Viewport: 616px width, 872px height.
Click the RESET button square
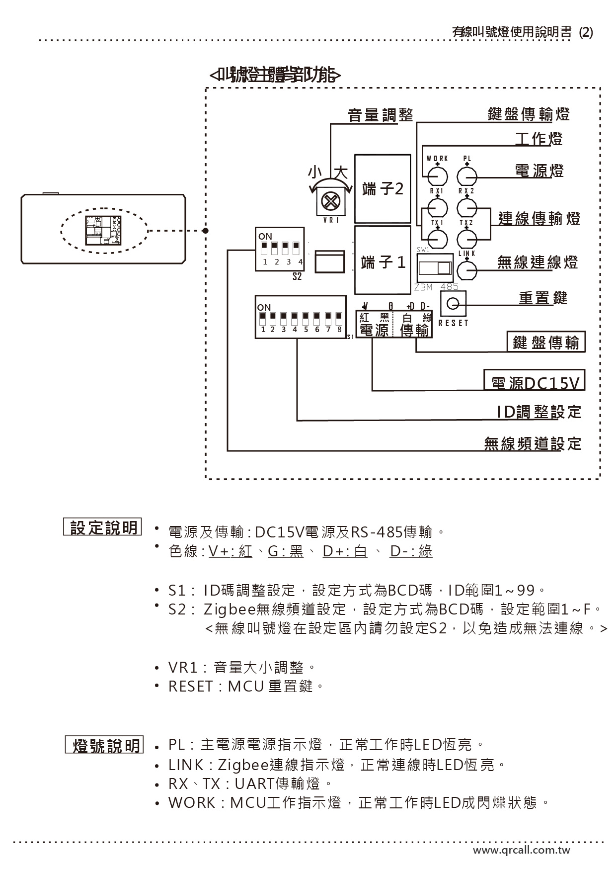[453, 303]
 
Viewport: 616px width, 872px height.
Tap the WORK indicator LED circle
[438, 175]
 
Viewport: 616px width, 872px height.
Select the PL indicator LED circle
[467, 175]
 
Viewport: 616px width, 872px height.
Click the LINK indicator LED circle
[467, 271]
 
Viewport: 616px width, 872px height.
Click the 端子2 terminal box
[383, 189]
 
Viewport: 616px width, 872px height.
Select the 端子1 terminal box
[383, 261]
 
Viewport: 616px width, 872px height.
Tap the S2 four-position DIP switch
[279, 249]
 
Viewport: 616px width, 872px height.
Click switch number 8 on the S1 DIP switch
[339, 317]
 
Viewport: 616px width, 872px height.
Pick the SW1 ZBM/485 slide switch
[435, 268]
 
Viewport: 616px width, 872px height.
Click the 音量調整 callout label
[381, 115]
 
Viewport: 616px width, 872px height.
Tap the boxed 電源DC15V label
[535, 382]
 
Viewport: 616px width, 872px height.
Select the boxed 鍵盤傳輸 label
[546, 343]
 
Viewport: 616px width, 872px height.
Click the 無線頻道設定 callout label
[533, 443]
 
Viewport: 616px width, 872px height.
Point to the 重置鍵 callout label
[542, 298]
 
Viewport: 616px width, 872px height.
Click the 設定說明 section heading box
[103, 527]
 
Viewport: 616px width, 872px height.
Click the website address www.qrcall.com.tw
[521, 850]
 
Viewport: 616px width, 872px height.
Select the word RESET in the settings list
[190, 687]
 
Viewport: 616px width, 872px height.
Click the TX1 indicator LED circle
[438, 239]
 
